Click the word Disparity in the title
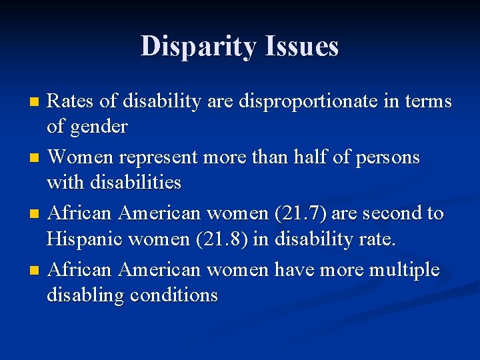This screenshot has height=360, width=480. point(197,46)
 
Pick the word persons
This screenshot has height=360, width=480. point(387,157)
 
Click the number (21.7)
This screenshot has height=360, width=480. point(293,213)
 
